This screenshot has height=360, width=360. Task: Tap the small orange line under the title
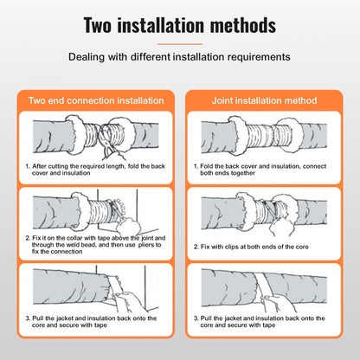tap(180, 43)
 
